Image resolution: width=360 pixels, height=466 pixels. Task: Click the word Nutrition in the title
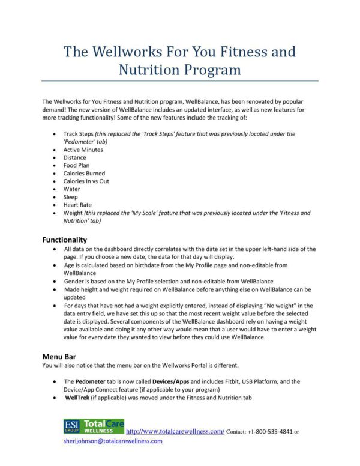click(152, 70)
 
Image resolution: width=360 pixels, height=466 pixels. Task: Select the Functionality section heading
click(64, 239)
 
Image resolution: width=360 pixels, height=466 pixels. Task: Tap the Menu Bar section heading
click(58, 356)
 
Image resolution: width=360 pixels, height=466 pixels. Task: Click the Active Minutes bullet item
click(83, 150)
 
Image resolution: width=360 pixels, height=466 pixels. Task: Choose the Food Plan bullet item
click(76, 165)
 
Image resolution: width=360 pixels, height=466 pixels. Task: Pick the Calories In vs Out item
click(86, 181)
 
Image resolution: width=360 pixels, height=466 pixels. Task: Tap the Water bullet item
click(71, 189)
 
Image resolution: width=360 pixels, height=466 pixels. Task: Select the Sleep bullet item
click(71, 196)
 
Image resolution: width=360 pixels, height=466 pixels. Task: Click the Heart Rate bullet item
click(77, 204)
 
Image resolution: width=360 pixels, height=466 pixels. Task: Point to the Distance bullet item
click(74, 157)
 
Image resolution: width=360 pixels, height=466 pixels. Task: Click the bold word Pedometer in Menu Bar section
click(92, 381)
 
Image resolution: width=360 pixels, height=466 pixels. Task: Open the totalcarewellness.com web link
click(172, 431)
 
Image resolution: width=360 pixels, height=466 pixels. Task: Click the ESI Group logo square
click(71, 426)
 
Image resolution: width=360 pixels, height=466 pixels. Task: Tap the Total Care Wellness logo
click(103, 426)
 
